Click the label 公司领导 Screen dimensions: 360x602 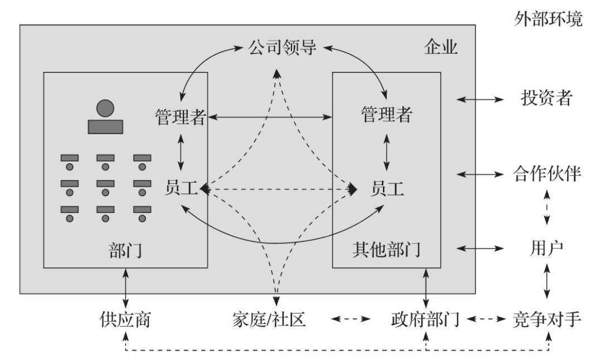[281, 47]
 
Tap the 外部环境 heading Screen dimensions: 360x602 [548, 20]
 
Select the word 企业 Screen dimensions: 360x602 [441, 47]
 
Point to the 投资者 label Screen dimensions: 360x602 [546, 99]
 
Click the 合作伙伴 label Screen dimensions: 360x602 [547, 174]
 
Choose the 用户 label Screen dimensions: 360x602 [546, 247]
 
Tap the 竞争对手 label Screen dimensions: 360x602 [547, 319]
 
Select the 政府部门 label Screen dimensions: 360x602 [425, 320]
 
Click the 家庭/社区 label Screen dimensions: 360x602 [269, 320]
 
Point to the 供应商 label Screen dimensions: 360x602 [125, 320]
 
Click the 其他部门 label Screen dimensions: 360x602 [386, 250]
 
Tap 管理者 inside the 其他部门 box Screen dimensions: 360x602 [387, 115]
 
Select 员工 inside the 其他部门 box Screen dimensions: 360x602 [387, 189]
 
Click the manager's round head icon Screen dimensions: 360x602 [105, 108]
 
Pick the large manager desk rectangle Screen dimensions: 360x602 [105, 126]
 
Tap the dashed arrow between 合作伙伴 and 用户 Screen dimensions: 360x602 [546, 210]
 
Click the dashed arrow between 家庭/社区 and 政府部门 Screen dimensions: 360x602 [351, 320]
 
